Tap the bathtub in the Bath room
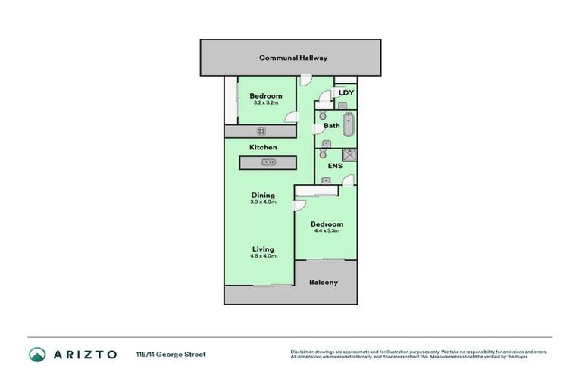point(348,125)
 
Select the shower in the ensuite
point(348,155)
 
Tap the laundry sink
point(343,105)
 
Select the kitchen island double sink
point(268,162)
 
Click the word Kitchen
point(263,147)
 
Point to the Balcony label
point(324,283)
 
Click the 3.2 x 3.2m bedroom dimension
point(266,103)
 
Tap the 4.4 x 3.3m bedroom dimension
point(327,231)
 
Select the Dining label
point(264,196)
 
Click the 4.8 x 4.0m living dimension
point(264,256)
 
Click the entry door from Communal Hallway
point(305,78)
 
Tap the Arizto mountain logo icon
point(37,354)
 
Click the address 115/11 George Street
point(171,354)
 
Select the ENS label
point(334,166)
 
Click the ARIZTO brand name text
point(84,354)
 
